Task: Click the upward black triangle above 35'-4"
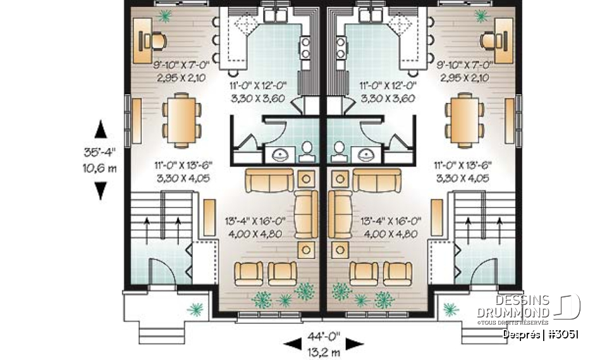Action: click(101, 130)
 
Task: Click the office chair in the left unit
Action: click(155, 41)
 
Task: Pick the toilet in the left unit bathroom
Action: click(308, 150)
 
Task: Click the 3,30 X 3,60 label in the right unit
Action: click(388, 98)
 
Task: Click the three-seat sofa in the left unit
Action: click(268, 180)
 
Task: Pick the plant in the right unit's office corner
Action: click(482, 16)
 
